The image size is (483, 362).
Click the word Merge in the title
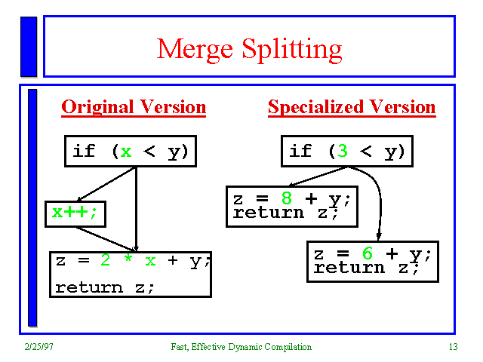point(194,50)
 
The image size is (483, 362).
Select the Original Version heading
point(134,107)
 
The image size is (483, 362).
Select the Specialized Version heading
point(352,107)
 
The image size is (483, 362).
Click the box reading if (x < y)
point(130,151)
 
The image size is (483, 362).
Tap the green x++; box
point(75,213)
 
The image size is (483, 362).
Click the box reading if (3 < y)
point(346,151)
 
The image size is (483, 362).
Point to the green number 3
point(342,151)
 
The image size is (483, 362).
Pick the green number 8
point(287,198)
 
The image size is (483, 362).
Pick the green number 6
point(368,254)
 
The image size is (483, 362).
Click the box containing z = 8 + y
point(291,206)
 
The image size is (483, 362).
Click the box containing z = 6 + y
point(372,261)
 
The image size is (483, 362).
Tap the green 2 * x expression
point(128,261)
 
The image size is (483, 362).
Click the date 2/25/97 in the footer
point(38,347)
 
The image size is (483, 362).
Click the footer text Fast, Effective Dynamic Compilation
point(241,347)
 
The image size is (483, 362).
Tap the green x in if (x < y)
point(125,151)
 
